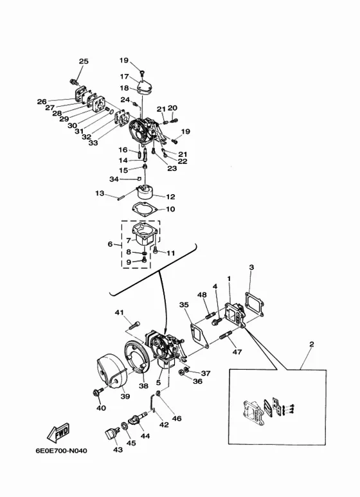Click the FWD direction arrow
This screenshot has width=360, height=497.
pos(58,432)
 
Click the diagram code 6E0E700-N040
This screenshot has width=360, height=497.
pos(61,451)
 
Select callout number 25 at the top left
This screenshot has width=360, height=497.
pos(84,61)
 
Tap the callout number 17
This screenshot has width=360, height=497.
pos(124,77)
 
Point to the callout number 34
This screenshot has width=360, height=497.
pos(114,179)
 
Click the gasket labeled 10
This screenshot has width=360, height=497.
pos(145,210)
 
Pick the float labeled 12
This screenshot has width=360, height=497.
pos(145,192)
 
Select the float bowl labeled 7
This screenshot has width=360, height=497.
pos(145,233)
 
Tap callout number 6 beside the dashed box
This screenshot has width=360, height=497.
pos(110,244)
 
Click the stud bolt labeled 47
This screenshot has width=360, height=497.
pos(226,336)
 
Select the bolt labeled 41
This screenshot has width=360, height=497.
pos(134,325)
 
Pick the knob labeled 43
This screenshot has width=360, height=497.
pos(111,433)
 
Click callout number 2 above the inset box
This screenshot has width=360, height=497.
pos(312,344)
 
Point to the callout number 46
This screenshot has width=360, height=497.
pos(177,419)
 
